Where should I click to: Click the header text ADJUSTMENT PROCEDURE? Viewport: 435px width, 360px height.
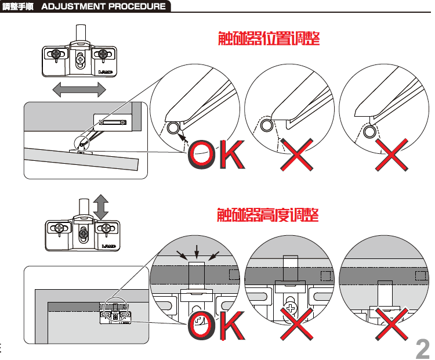tap(103, 6)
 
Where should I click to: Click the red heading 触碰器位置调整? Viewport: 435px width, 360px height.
tap(269, 38)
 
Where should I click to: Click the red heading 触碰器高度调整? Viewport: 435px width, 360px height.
tap(268, 215)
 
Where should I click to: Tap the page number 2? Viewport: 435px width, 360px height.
tap(422, 349)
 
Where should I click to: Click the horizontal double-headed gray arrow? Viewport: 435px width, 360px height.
tap(79, 89)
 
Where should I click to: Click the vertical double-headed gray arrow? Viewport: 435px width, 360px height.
tap(101, 207)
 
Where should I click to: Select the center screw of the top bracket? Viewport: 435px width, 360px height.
tap(81, 59)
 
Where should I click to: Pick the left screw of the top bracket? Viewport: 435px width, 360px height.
tap(56, 53)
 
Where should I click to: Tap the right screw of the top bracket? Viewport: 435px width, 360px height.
tap(103, 53)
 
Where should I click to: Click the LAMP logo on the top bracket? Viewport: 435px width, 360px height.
tap(106, 72)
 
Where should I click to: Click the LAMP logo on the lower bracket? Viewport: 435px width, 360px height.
tap(109, 246)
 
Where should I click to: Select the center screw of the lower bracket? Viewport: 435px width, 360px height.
tap(84, 233)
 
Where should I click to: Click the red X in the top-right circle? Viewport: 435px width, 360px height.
tap(391, 154)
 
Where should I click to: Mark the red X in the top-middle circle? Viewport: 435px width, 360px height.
tap(296, 154)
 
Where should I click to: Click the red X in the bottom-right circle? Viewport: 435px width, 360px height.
tap(391, 323)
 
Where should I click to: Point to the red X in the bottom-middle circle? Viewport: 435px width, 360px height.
tap(296, 323)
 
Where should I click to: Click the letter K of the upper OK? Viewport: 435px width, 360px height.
tap(233, 154)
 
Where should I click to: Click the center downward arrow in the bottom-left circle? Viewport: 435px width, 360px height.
tap(197, 251)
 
